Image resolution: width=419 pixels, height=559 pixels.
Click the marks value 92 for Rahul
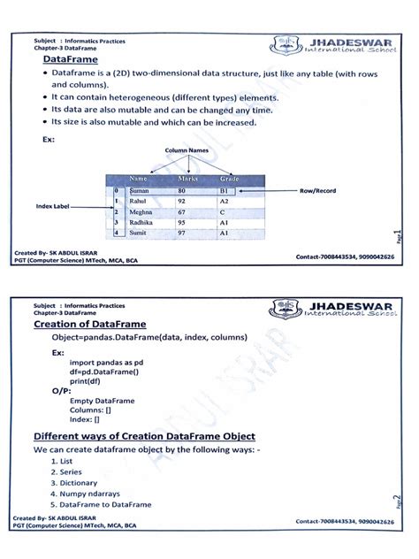[182, 202]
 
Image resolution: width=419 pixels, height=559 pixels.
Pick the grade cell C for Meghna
[224, 212]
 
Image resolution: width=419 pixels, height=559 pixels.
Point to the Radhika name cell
[143, 223]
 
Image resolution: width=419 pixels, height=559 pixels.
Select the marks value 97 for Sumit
[182, 233]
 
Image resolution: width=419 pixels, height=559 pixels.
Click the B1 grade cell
[225, 191]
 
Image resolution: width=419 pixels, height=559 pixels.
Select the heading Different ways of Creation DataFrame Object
[144, 437]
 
